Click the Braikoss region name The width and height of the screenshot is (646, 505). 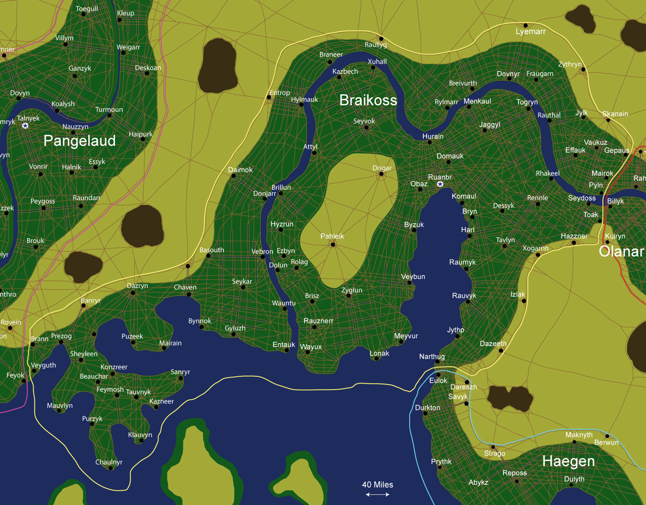[x=368, y=100]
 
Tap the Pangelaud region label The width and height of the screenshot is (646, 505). [x=80, y=141]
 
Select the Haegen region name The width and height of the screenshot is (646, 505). [x=568, y=461]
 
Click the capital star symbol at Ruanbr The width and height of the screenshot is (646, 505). [x=440, y=184]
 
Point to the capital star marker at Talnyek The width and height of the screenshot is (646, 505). [x=25, y=126]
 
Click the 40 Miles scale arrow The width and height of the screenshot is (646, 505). [x=378, y=495]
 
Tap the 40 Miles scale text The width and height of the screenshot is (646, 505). [x=378, y=485]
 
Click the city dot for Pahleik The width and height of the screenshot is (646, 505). [x=333, y=245]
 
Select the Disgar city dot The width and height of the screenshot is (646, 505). [x=381, y=174]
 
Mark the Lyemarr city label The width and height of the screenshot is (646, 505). [x=531, y=31]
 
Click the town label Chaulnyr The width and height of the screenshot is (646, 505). [x=109, y=462]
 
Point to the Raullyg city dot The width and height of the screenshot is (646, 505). [x=381, y=39]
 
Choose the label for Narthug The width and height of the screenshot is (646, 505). [x=432, y=356]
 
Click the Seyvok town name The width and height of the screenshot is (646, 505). [x=364, y=121]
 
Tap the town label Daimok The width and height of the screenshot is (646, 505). [x=240, y=170]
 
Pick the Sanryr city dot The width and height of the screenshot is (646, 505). [x=181, y=378]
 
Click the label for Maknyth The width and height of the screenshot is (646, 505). [x=579, y=435]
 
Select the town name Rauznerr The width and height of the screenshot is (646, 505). [x=318, y=321]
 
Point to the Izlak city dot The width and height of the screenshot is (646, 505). [x=524, y=301]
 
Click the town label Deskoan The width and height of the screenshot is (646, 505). [x=148, y=68]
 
